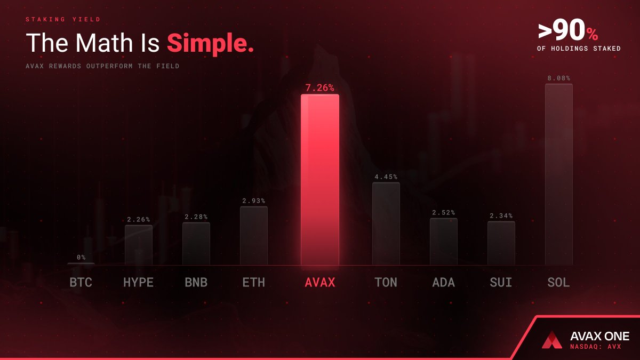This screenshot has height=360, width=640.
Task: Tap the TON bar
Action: point(386,223)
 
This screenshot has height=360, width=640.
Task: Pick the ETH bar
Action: point(253,235)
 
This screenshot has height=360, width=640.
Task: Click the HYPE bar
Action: point(138,245)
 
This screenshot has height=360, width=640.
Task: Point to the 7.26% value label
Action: point(320,87)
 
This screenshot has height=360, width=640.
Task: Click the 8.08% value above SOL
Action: point(558,78)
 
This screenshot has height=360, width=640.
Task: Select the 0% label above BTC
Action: point(81,257)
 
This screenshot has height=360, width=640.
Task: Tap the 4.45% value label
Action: point(386,177)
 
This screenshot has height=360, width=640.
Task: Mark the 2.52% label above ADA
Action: point(443,212)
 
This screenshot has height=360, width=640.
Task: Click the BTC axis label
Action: point(81,282)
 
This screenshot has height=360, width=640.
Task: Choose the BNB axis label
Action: point(196,282)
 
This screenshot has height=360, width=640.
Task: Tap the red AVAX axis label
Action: point(320,282)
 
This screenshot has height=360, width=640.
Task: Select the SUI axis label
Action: point(501,282)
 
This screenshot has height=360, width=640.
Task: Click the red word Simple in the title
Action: point(210,43)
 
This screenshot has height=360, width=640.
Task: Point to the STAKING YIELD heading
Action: point(63,20)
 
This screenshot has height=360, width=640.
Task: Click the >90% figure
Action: point(568,32)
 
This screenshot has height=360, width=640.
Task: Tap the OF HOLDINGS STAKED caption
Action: point(579,49)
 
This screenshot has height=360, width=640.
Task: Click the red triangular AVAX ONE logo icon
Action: point(552,340)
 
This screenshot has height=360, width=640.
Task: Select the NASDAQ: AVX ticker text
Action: point(596,347)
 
